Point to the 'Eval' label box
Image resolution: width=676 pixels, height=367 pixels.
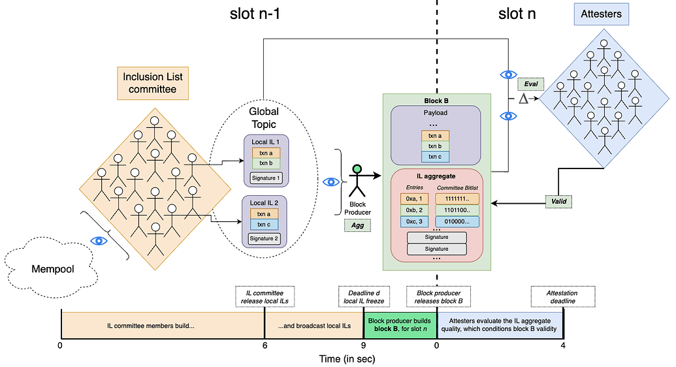[530, 84]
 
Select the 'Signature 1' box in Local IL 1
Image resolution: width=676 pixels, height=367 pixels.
[265, 177]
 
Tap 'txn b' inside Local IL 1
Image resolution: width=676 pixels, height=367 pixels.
[265, 163]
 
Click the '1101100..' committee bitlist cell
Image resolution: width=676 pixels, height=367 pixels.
[457, 210]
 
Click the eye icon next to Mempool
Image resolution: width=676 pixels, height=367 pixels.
[99, 240]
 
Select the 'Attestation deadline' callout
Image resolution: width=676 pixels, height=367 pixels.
[562, 297]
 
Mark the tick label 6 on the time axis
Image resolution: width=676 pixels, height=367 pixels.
[265, 346]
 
